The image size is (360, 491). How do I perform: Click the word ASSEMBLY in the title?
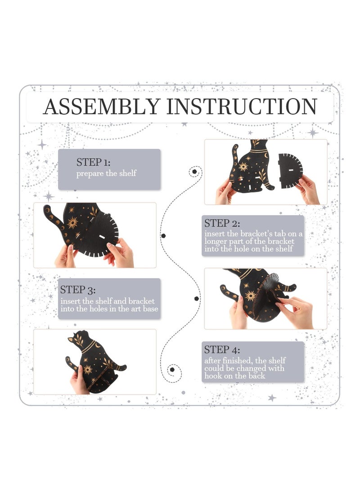click(x=102, y=107)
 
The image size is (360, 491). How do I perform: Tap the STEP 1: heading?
click(x=93, y=162)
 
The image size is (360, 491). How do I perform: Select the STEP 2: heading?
click(x=222, y=223)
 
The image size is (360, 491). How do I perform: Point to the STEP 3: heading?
click(x=78, y=290)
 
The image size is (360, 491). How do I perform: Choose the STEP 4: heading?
click(x=222, y=350)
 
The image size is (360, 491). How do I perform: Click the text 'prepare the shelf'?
click(x=107, y=173)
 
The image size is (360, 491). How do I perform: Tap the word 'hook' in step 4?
click(x=212, y=376)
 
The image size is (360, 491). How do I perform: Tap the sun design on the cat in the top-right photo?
click(x=243, y=166)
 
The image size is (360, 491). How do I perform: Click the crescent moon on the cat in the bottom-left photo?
click(x=98, y=345)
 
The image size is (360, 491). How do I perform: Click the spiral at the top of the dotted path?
click(x=195, y=172)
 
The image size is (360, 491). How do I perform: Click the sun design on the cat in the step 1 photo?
click(x=72, y=223)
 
